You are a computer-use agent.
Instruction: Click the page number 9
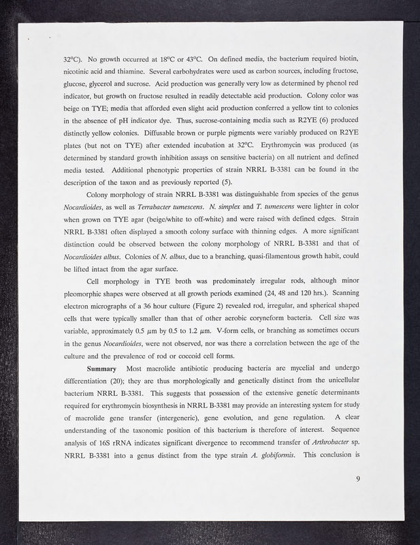click(357, 497)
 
